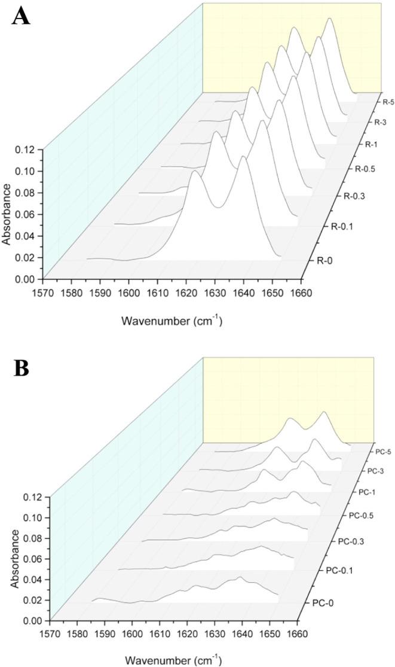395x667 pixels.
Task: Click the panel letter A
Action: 21,16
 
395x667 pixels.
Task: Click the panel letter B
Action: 21,368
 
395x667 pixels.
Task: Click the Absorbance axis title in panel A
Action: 7,214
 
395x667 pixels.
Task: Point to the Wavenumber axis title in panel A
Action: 172,321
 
